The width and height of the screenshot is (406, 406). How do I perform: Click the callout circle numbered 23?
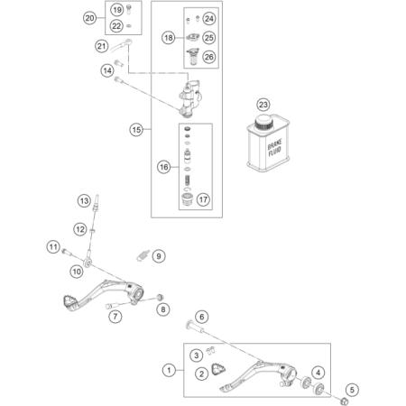point(263,105)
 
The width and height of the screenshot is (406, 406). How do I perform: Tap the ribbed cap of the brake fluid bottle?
point(263,123)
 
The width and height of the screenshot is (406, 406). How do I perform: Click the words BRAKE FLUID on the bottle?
point(274,148)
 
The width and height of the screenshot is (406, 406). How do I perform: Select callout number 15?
point(136,130)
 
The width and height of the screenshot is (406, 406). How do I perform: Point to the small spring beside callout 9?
point(143,255)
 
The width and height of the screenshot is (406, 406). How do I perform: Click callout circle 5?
point(352,390)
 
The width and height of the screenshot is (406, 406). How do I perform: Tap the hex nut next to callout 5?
point(345,401)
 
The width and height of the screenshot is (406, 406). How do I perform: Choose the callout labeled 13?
point(84,200)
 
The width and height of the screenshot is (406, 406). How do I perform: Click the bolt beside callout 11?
point(67,252)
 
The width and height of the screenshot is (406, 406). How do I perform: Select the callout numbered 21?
point(102,46)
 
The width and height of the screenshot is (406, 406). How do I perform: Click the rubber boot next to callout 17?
point(187,198)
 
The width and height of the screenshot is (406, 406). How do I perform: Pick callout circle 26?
point(209,57)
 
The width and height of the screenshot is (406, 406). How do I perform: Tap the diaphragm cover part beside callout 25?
point(193,37)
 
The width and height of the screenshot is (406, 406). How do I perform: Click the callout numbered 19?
point(117,10)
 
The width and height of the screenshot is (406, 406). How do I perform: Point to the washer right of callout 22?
point(129,26)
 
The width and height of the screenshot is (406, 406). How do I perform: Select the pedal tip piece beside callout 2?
point(218,369)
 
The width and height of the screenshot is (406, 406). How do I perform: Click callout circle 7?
point(115,317)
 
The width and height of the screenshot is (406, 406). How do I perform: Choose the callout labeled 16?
point(164,167)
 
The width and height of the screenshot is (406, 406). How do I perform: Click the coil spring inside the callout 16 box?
point(187,180)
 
